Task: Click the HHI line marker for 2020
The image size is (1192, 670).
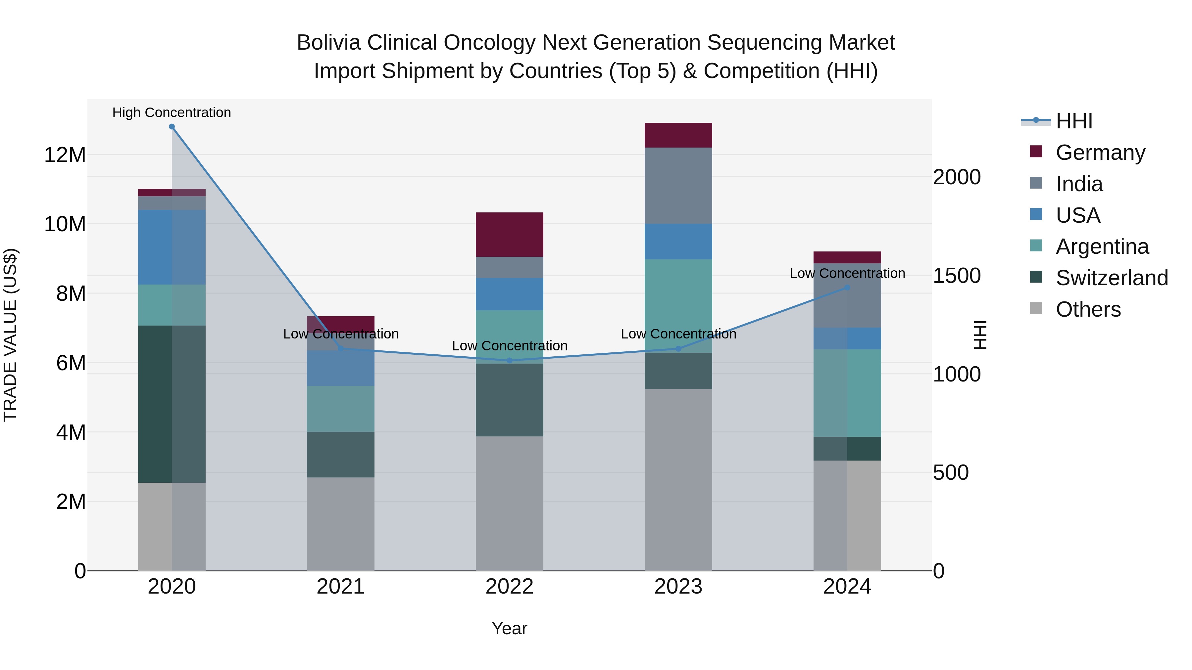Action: point(172,127)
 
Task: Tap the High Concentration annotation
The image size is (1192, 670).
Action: point(172,112)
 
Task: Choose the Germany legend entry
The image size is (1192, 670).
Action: point(1100,153)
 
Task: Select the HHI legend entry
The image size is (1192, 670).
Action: point(1073,121)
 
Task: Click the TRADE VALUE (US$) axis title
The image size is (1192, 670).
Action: point(10,335)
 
